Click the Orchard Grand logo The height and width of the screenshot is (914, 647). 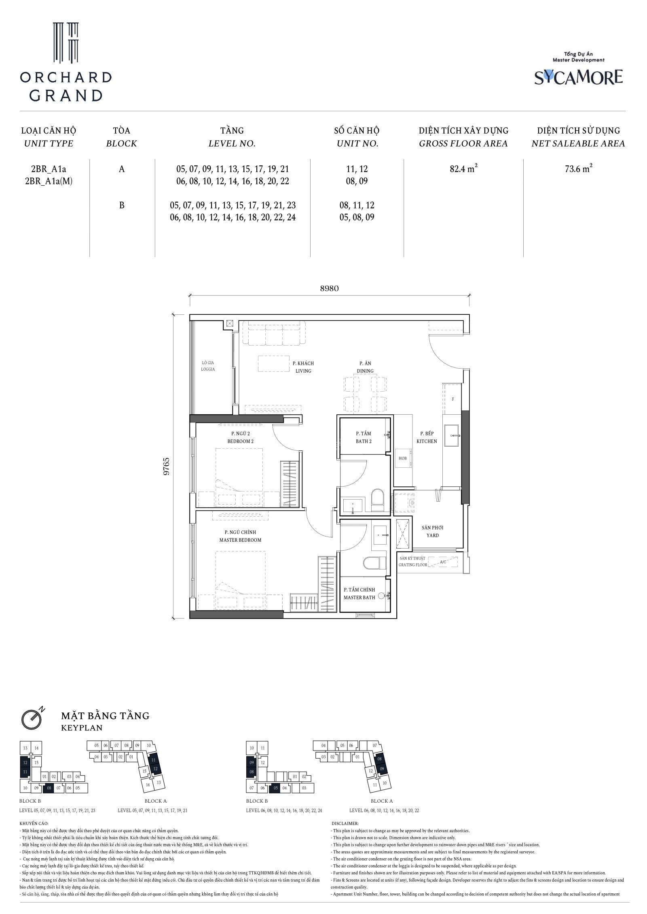(x=66, y=61)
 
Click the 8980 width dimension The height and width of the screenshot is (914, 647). (x=329, y=288)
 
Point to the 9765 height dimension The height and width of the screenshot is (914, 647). (x=166, y=467)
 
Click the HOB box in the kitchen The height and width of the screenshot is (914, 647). (x=403, y=458)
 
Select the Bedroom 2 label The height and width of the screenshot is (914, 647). (x=240, y=437)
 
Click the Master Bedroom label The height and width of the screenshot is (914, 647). (x=240, y=536)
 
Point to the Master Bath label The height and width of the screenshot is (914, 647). (x=359, y=594)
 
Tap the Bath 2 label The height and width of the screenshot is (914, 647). (x=364, y=437)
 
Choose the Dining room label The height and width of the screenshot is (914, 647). (x=365, y=367)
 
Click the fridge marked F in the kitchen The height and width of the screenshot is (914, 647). (x=453, y=399)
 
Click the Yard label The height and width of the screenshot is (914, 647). (x=432, y=531)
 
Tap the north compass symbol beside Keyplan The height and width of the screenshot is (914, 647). (x=32, y=718)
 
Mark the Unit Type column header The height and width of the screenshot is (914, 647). (x=49, y=137)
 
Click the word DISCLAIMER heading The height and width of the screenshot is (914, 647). (x=345, y=823)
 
